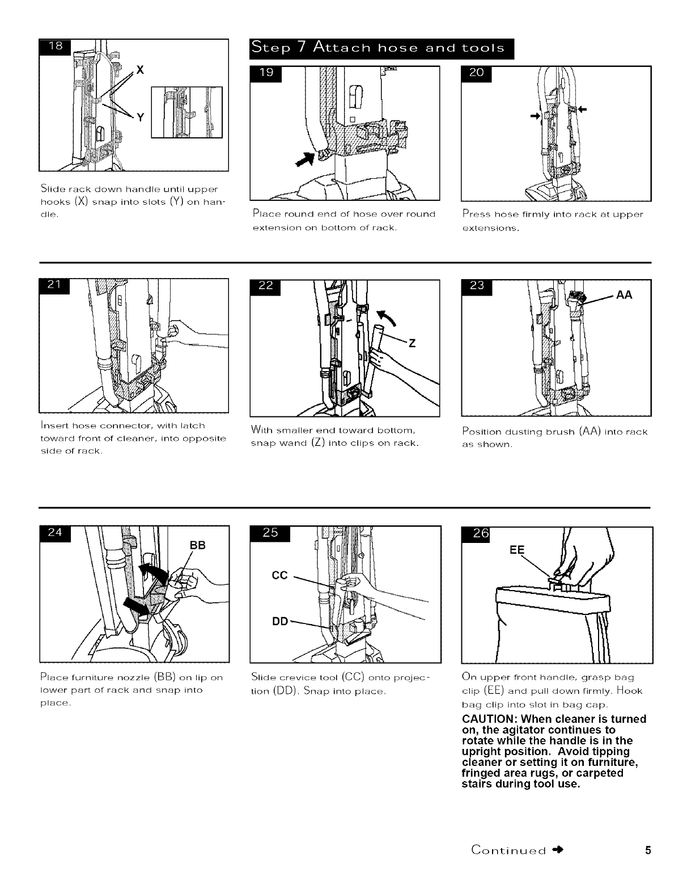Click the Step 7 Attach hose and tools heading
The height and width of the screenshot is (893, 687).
click(380, 48)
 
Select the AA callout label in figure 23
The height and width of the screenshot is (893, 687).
click(625, 295)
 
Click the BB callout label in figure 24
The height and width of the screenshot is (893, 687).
click(197, 545)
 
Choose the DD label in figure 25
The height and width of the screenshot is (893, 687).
click(281, 620)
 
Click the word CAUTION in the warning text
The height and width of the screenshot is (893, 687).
click(493, 719)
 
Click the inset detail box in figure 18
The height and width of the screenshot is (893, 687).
click(186, 112)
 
